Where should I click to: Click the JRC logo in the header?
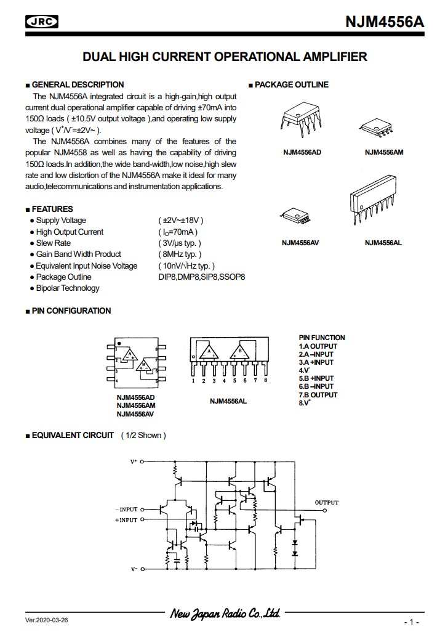42,22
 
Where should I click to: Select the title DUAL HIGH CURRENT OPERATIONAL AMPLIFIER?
225,57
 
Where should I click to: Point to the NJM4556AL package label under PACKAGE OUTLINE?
383,243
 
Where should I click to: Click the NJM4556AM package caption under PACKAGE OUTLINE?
384,152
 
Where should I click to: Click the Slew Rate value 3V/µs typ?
180,243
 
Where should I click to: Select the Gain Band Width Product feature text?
78,254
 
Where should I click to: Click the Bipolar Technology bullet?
67,288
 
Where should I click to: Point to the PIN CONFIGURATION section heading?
71,311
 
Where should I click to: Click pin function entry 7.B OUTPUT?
318,395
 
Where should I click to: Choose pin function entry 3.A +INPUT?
316,362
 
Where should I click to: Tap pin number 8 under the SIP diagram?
265,381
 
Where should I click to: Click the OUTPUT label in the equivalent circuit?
327,503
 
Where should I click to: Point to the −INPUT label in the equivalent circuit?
126,510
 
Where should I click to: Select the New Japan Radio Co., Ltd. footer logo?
225,613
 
